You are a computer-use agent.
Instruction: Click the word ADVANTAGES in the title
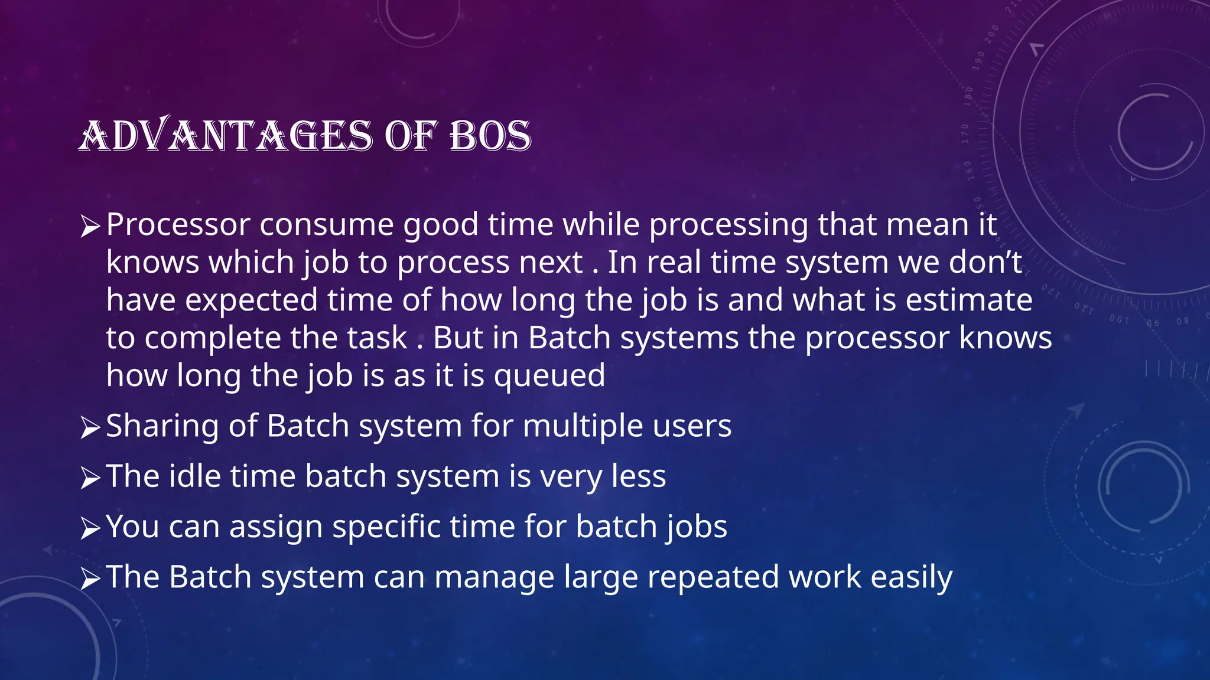click(226, 136)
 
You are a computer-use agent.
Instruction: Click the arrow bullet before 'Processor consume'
click(90, 227)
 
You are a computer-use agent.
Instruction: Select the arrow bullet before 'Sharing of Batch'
click(90, 427)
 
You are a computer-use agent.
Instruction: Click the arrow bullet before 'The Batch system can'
click(90, 578)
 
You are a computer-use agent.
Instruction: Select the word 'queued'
click(549, 377)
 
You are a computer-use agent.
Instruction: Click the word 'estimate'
click(969, 300)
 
